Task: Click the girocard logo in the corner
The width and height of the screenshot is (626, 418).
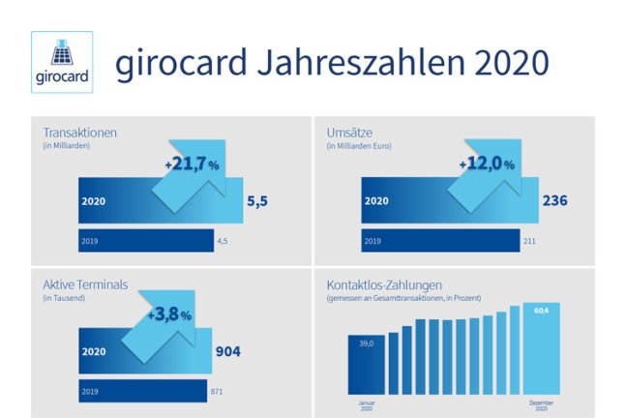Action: (62, 62)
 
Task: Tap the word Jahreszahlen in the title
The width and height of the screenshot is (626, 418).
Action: (361, 62)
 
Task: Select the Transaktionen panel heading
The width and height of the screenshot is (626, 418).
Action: (80, 133)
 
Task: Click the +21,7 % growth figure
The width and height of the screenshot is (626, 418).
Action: (192, 164)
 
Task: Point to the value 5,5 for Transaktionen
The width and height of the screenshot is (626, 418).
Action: (257, 201)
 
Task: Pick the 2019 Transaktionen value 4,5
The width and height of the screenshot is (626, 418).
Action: (223, 241)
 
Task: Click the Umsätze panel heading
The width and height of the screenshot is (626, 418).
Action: (349, 133)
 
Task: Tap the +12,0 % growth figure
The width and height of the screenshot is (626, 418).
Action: (487, 164)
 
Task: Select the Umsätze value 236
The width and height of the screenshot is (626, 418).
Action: (555, 200)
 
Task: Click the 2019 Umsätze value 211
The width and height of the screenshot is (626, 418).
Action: (529, 241)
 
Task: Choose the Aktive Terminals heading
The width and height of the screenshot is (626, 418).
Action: (85, 284)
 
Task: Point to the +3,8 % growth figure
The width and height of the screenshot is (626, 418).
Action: (169, 314)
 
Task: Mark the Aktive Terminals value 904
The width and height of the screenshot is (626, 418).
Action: (228, 351)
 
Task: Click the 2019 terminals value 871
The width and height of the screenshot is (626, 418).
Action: (217, 392)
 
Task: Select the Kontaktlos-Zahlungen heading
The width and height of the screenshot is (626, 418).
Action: (384, 285)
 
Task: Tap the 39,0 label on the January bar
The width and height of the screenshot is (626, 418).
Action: (366, 343)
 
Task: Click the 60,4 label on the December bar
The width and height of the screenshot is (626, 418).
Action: (542, 311)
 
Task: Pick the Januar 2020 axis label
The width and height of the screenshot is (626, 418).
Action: (366, 405)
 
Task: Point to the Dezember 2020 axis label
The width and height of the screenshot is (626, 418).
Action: (542, 405)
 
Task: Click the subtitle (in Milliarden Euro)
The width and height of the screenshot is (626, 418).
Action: (359, 146)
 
